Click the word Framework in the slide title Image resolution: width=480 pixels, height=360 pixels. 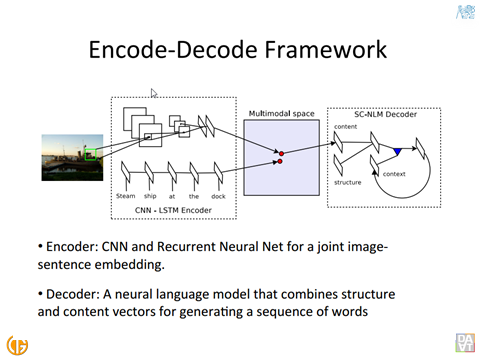(325, 50)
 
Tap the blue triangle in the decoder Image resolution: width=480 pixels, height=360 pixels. (397, 151)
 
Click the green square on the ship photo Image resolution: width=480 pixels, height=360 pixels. (90, 154)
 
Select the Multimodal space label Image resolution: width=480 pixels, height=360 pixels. (282, 114)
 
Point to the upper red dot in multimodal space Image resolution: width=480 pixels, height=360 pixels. (281, 154)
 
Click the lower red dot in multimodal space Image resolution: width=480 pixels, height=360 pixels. (280, 161)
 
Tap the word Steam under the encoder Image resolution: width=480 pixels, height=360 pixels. (126, 196)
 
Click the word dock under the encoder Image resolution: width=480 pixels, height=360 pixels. (218, 196)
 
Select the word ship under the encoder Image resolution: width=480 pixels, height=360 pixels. (150, 196)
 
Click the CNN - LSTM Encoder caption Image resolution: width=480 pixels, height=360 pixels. (173, 210)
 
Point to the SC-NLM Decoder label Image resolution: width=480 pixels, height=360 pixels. (385, 114)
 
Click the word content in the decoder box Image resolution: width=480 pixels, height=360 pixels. (345, 127)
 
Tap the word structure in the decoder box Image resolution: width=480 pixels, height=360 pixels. (348, 182)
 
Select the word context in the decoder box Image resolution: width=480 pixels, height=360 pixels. (394, 174)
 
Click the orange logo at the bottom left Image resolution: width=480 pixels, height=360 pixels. (17, 345)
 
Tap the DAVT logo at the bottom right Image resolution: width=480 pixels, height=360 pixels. (465, 343)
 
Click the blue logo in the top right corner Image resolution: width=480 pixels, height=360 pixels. (465, 12)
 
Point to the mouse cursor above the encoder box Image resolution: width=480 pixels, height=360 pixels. (153, 93)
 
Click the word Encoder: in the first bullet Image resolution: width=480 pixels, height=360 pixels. (72, 247)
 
